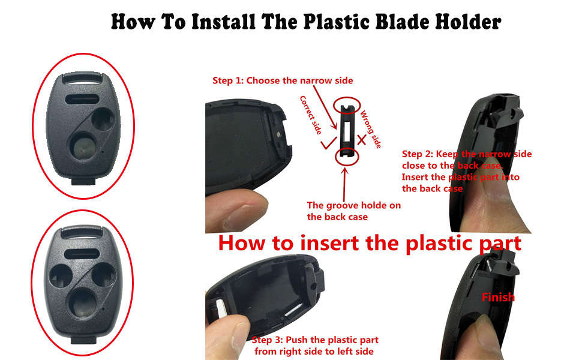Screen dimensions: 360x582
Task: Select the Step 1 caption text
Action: point(283,80)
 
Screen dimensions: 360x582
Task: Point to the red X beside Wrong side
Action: point(361,140)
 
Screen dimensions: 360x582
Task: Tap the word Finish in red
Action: point(498,297)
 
